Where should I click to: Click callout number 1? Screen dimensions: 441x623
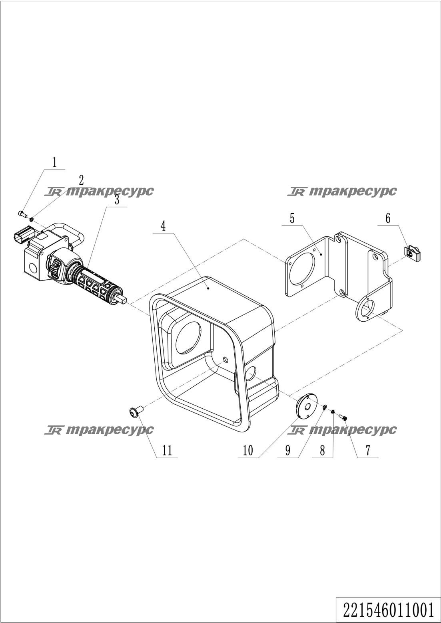pos(55,162)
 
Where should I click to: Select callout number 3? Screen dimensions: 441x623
pos(117,200)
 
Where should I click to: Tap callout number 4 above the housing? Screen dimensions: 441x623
pos(163,226)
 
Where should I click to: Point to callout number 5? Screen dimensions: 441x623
pos(292,218)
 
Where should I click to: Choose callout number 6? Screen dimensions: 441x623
pos(388,218)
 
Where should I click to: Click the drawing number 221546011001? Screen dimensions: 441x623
pos(389,611)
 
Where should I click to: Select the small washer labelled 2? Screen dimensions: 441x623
pos(32,220)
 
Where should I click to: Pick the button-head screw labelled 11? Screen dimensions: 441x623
pos(136,411)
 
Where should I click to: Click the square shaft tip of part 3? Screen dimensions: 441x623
pos(124,300)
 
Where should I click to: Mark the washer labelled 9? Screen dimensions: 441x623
pos(325,407)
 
